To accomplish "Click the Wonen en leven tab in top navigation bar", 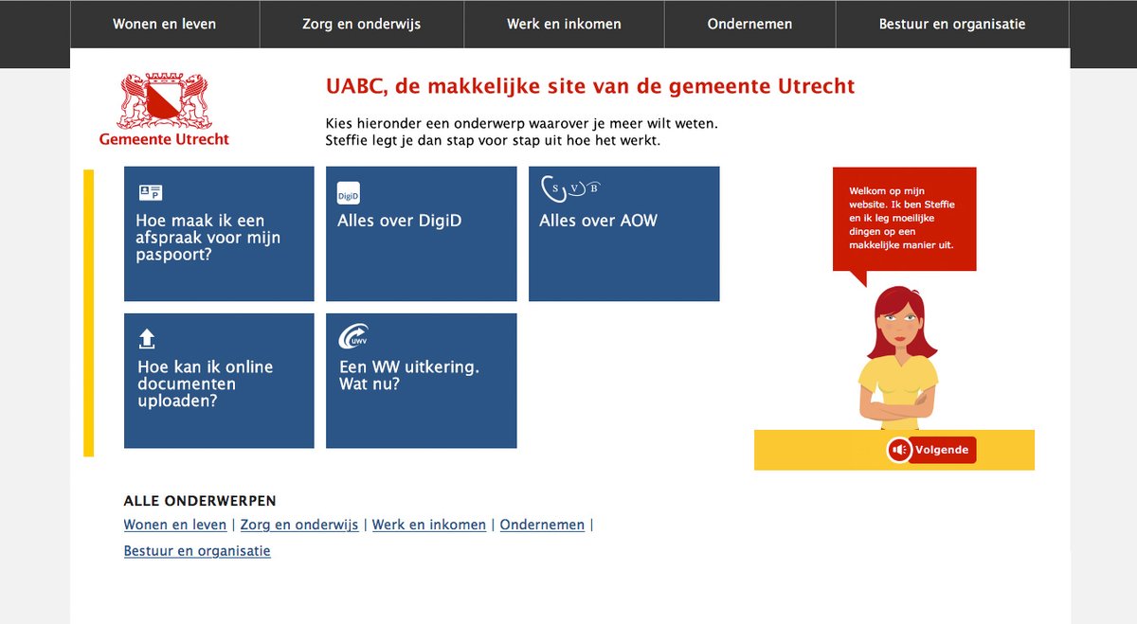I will click(164, 24).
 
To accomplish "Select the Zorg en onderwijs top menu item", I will click(361, 24).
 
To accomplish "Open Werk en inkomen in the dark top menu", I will click(564, 24).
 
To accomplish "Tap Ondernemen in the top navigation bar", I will click(749, 24).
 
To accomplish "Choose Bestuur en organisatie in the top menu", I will click(952, 24).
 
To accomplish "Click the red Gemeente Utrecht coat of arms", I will click(164, 102).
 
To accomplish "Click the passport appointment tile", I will click(219, 234).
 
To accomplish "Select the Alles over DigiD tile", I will click(421, 234).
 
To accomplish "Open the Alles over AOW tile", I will click(623, 234).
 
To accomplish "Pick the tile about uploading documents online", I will click(219, 381).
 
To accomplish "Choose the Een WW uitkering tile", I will click(421, 381).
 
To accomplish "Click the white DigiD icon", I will click(349, 193).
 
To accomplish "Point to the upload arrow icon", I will click(147, 339).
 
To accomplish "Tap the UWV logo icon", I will click(353, 339).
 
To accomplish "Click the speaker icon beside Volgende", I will click(899, 450).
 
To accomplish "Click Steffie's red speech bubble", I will click(904, 219).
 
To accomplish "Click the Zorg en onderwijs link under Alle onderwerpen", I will click(299, 525).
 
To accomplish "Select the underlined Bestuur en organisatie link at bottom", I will click(197, 551).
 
